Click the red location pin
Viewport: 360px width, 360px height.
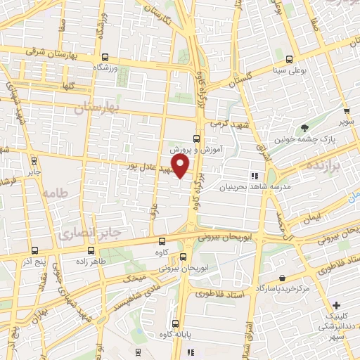tap(181, 166)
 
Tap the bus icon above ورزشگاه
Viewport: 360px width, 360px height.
tap(105, 58)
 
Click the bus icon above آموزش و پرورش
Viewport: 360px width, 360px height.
tap(195, 138)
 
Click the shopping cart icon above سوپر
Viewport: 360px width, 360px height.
tap(345, 110)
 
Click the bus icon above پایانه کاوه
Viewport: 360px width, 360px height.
tap(175, 323)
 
